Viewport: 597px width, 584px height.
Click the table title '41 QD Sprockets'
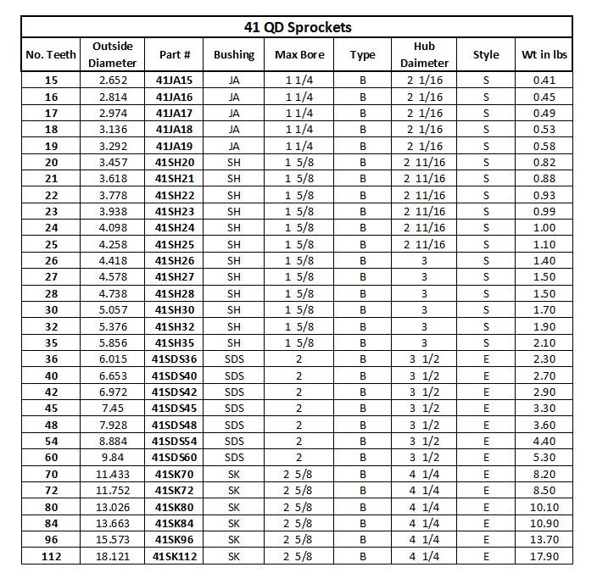[297, 27]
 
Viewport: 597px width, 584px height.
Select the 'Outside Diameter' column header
[114, 54]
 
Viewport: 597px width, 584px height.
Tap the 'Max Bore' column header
[298, 55]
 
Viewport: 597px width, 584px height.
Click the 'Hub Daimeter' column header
[424, 54]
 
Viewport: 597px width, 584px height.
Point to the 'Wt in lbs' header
[544, 55]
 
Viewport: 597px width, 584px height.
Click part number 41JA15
[175, 81]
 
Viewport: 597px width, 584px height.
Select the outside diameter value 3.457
[114, 163]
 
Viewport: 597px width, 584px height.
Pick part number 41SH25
[175, 244]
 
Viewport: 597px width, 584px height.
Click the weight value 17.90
[544, 556]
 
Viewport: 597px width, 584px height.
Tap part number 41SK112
[175, 556]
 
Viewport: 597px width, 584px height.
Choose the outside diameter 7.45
[114, 409]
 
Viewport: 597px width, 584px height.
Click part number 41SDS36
[175, 359]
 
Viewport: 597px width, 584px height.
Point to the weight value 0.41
[544, 81]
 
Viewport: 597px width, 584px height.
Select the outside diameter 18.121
[114, 556]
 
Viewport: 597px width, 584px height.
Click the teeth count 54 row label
[51, 442]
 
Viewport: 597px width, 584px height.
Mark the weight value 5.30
[544, 458]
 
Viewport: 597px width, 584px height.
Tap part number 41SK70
[175, 475]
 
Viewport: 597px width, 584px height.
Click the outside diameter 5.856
[114, 343]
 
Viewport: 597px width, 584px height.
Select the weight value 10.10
[544, 507]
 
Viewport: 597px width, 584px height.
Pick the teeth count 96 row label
[51, 540]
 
